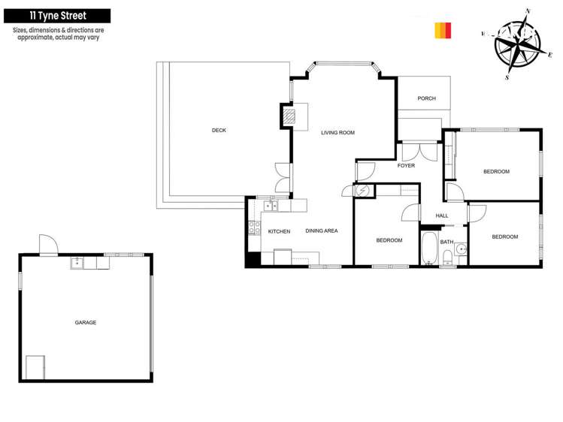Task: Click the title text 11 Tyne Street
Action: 58,15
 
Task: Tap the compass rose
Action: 517,44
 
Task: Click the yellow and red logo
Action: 443,30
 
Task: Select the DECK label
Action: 219,131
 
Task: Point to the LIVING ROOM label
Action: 337,133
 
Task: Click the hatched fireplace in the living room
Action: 289,116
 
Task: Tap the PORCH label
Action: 426,98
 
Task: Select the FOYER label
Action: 406,166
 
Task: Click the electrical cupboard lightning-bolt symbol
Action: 362,191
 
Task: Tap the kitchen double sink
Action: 271,205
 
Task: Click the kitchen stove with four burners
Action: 254,226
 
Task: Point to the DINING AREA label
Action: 321,231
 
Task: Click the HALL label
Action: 442,216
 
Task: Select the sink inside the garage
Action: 77,263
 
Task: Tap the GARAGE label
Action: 85,323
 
